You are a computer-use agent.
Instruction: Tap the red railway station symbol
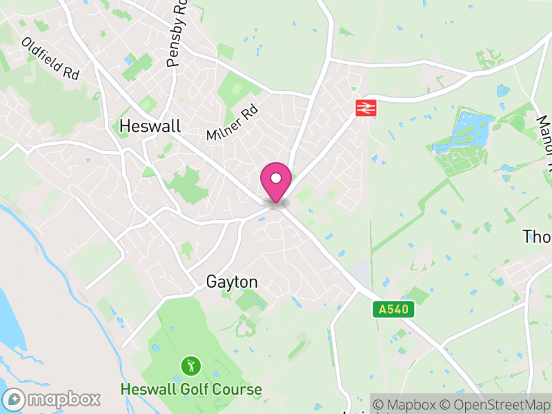coord(364,107)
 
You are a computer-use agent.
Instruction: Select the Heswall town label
coord(150,126)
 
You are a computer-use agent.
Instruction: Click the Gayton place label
coord(232,282)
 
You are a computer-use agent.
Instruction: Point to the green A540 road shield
coord(395,310)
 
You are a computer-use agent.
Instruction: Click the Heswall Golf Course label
coord(191,389)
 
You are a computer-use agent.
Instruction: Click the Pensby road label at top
coord(177,34)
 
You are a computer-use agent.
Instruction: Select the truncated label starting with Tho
coord(537,237)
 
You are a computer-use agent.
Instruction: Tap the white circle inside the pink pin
coord(276,178)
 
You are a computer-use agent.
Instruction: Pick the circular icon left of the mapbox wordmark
coord(14,399)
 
